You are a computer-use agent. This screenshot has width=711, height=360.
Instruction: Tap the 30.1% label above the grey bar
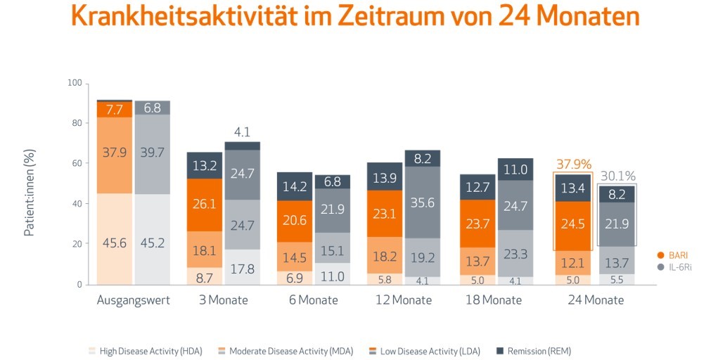[x=617, y=176]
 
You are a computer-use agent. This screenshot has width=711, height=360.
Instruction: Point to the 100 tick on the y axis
[x=75, y=84]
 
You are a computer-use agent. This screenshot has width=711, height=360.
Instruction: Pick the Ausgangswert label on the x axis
[x=134, y=300]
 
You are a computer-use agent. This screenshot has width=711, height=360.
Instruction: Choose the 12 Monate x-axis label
[x=403, y=300]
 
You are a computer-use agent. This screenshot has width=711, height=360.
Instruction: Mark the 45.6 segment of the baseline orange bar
[x=115, y=243]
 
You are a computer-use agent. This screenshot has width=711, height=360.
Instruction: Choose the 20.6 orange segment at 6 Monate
[x=294, y=221]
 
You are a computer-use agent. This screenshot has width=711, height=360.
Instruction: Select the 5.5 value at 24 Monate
[x=617, y=279]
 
